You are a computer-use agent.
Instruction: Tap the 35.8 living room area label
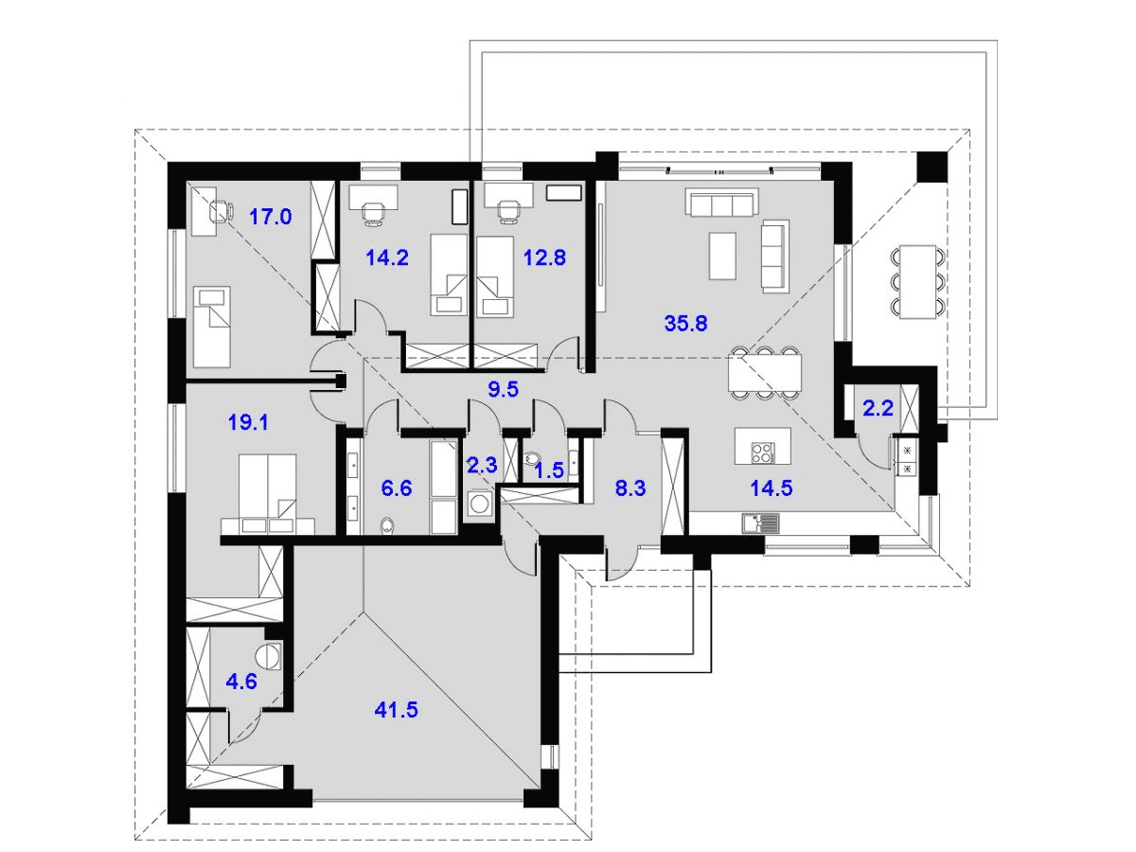[x=686, y=323]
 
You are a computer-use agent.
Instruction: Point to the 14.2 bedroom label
[x=387, y=257]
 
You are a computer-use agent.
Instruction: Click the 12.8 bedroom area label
[x=544, y=257]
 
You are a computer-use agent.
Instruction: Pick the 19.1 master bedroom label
[x=249, y=422]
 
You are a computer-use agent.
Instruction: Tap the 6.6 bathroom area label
[x=396, y=488]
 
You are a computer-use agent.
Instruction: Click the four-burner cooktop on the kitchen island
[x=761, y=452]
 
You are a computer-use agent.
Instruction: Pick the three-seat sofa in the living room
[x=721, y=203]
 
